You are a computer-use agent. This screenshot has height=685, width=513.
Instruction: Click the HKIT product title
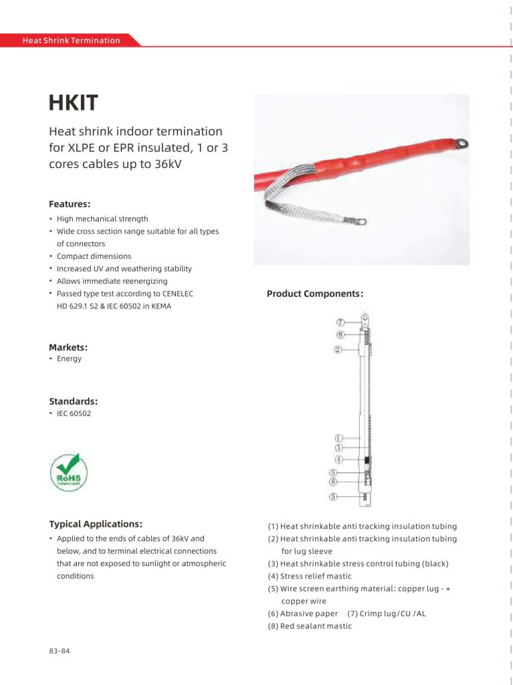74,103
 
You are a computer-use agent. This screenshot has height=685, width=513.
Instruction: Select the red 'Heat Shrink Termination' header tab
72,40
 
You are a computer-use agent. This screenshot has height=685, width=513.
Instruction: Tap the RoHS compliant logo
69,472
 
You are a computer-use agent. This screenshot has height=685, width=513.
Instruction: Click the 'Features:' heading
70,204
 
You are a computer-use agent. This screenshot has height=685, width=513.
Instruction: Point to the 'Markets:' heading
68,347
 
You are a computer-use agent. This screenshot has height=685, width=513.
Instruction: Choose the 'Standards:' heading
73,401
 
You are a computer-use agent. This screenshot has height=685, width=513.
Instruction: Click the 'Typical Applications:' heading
96,524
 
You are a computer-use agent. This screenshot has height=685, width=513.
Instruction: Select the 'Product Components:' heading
315,294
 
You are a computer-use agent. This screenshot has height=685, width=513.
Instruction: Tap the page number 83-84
59,651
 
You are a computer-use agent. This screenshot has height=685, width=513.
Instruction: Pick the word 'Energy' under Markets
69,359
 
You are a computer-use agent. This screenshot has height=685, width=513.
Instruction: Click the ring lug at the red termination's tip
461,143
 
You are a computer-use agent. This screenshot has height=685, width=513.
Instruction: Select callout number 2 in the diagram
338,349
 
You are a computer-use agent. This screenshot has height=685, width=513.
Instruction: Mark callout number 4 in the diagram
338,460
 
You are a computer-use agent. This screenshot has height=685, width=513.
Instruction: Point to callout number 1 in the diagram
338,438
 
